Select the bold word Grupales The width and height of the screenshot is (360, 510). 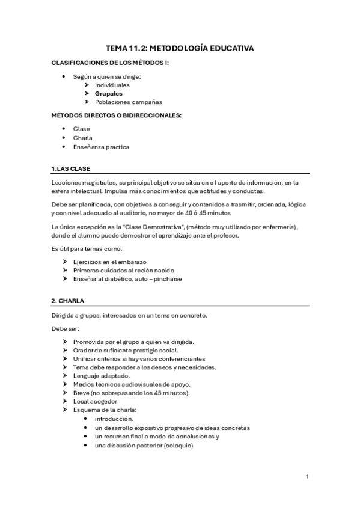[108, 94]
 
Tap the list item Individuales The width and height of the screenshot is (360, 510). [112, 85]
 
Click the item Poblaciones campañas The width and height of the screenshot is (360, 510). [128, 102]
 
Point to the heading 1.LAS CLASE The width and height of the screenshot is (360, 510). [71, 168]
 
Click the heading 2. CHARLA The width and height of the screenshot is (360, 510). [68, 300]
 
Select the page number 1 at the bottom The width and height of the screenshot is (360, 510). [307, 477]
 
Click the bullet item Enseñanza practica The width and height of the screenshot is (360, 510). [101, 147]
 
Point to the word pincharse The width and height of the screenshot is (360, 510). [166, 279]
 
